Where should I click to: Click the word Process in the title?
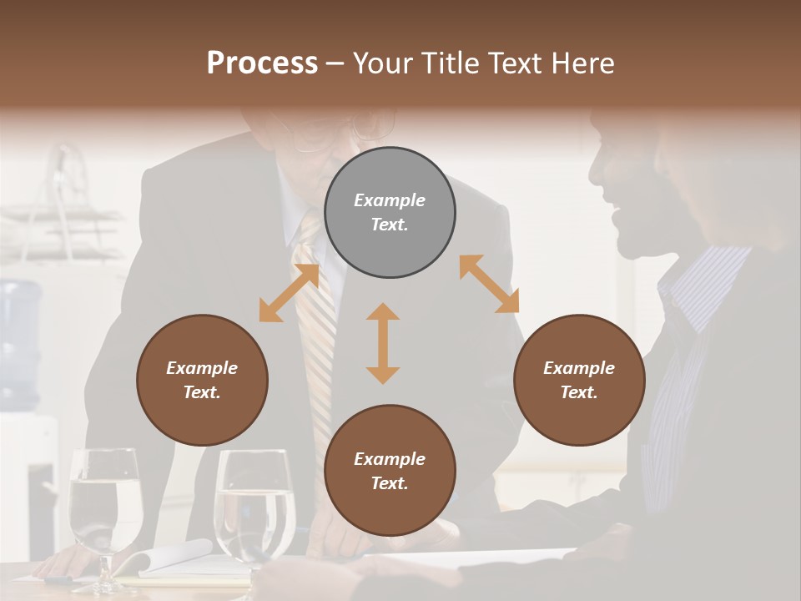point(262,63)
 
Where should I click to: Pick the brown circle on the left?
point(202,380)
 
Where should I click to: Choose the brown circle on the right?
point(579,380)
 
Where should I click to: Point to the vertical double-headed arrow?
point(383,343)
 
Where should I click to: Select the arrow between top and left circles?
point(289,293)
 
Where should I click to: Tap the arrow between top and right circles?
point(489,284)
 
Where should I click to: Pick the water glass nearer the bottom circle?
point(254,505)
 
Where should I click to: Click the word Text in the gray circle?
point(389,225)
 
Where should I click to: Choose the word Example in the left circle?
point(202,368)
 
